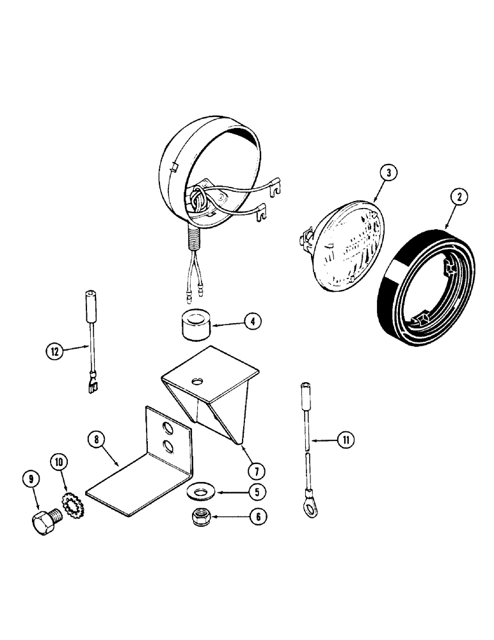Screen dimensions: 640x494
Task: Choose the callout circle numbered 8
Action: coord(97,438)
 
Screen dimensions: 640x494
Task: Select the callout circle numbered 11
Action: coord(344,439)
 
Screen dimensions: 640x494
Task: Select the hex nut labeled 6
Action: coord(207,516)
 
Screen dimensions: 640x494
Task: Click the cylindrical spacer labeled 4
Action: coord(195,325)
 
